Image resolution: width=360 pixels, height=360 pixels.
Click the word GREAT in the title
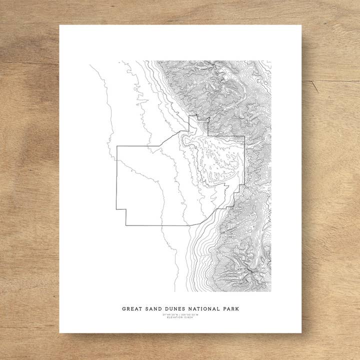tap(132, 309)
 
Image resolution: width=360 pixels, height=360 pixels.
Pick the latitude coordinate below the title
tap(169, 314)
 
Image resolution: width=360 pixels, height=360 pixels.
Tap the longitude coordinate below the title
tap(190, 314)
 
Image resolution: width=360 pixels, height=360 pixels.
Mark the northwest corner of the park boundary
tap(117, 146)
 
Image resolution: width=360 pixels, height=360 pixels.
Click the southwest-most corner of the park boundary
tap(125, 225)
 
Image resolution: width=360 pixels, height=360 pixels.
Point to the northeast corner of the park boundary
tap(244, 136)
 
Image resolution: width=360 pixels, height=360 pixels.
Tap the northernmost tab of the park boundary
tap(193, 117)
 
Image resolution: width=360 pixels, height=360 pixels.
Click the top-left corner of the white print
tap(59, 25)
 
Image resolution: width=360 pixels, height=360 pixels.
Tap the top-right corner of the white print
tap(301, 25)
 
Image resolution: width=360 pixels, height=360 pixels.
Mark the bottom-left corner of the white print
tap(59, 332)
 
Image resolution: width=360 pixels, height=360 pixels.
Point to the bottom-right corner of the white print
tap(301, 332)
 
